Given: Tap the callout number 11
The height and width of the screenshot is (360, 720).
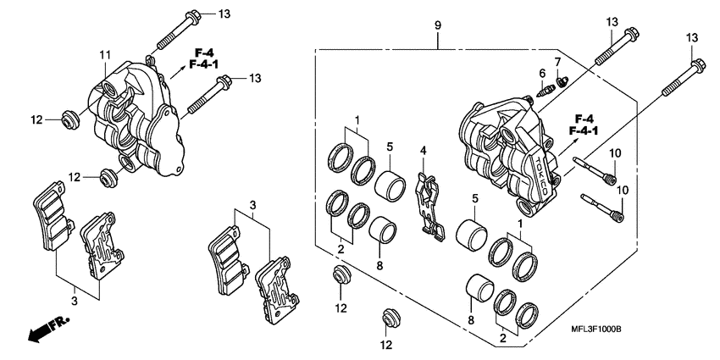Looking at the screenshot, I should pos(104,56).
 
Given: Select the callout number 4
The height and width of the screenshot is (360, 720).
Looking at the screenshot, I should pos(421,151).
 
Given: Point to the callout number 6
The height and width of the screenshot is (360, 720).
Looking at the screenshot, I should pos(540,74).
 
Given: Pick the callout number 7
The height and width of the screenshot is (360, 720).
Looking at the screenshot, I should pos(557,63).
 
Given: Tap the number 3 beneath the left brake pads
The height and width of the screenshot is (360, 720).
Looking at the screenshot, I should pos(75,300).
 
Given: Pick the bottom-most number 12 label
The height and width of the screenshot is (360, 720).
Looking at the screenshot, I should pos(385,345).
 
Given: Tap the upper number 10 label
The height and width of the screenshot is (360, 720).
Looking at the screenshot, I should pos(616,152).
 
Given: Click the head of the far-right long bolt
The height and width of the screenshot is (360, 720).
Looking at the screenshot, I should pos(696,63).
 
